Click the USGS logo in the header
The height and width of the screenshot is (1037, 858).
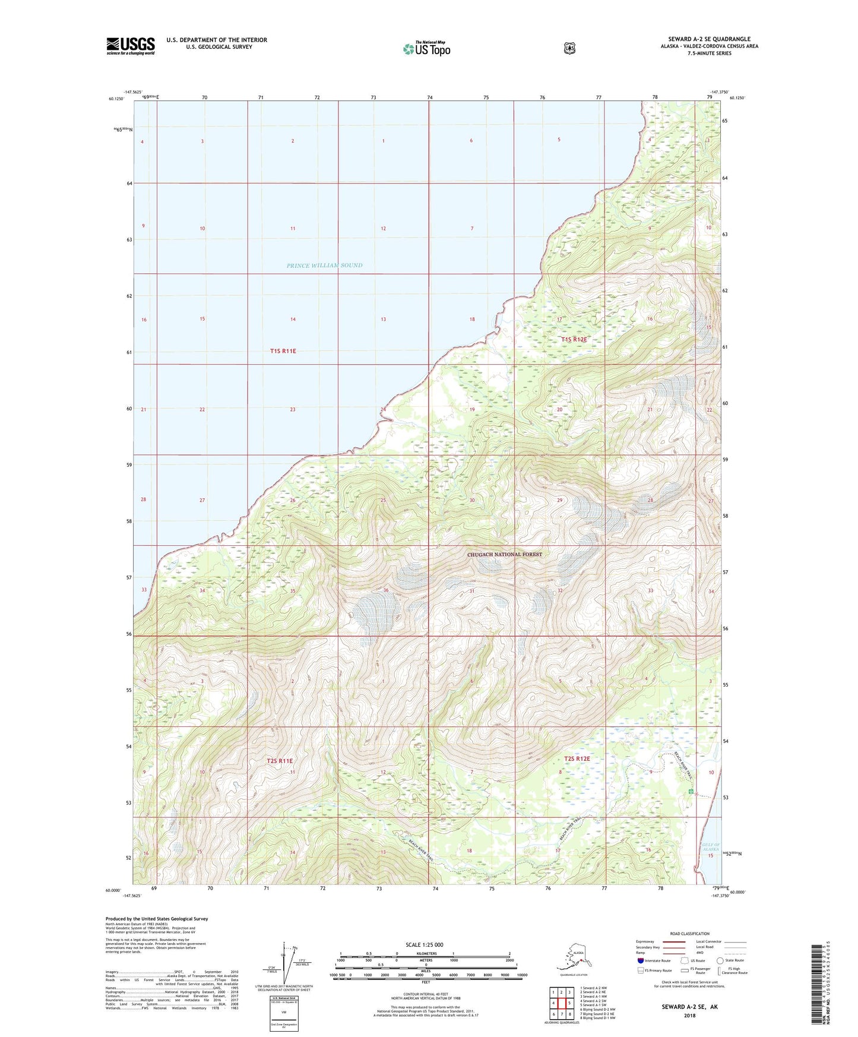coord(131,46)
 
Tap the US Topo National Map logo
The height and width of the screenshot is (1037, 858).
coord(426,49)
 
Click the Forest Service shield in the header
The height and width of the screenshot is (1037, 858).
coord(569,48)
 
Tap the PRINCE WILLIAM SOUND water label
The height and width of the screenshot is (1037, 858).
coord(324,265)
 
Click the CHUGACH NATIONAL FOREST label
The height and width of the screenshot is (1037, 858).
coord(504,555)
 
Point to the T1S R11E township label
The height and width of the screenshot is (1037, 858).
coord(283,351)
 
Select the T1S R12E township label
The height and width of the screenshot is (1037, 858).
coord(574,340)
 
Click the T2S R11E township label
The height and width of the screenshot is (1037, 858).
coord(280,761)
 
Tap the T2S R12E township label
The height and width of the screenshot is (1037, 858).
coord(577,758)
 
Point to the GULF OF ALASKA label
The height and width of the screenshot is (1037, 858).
coord(711,847)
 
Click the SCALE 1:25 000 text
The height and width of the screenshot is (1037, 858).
coord(424,945)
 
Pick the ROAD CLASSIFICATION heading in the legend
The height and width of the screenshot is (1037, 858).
coord(689,934)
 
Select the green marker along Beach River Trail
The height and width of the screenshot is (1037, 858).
coord(691,792)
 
